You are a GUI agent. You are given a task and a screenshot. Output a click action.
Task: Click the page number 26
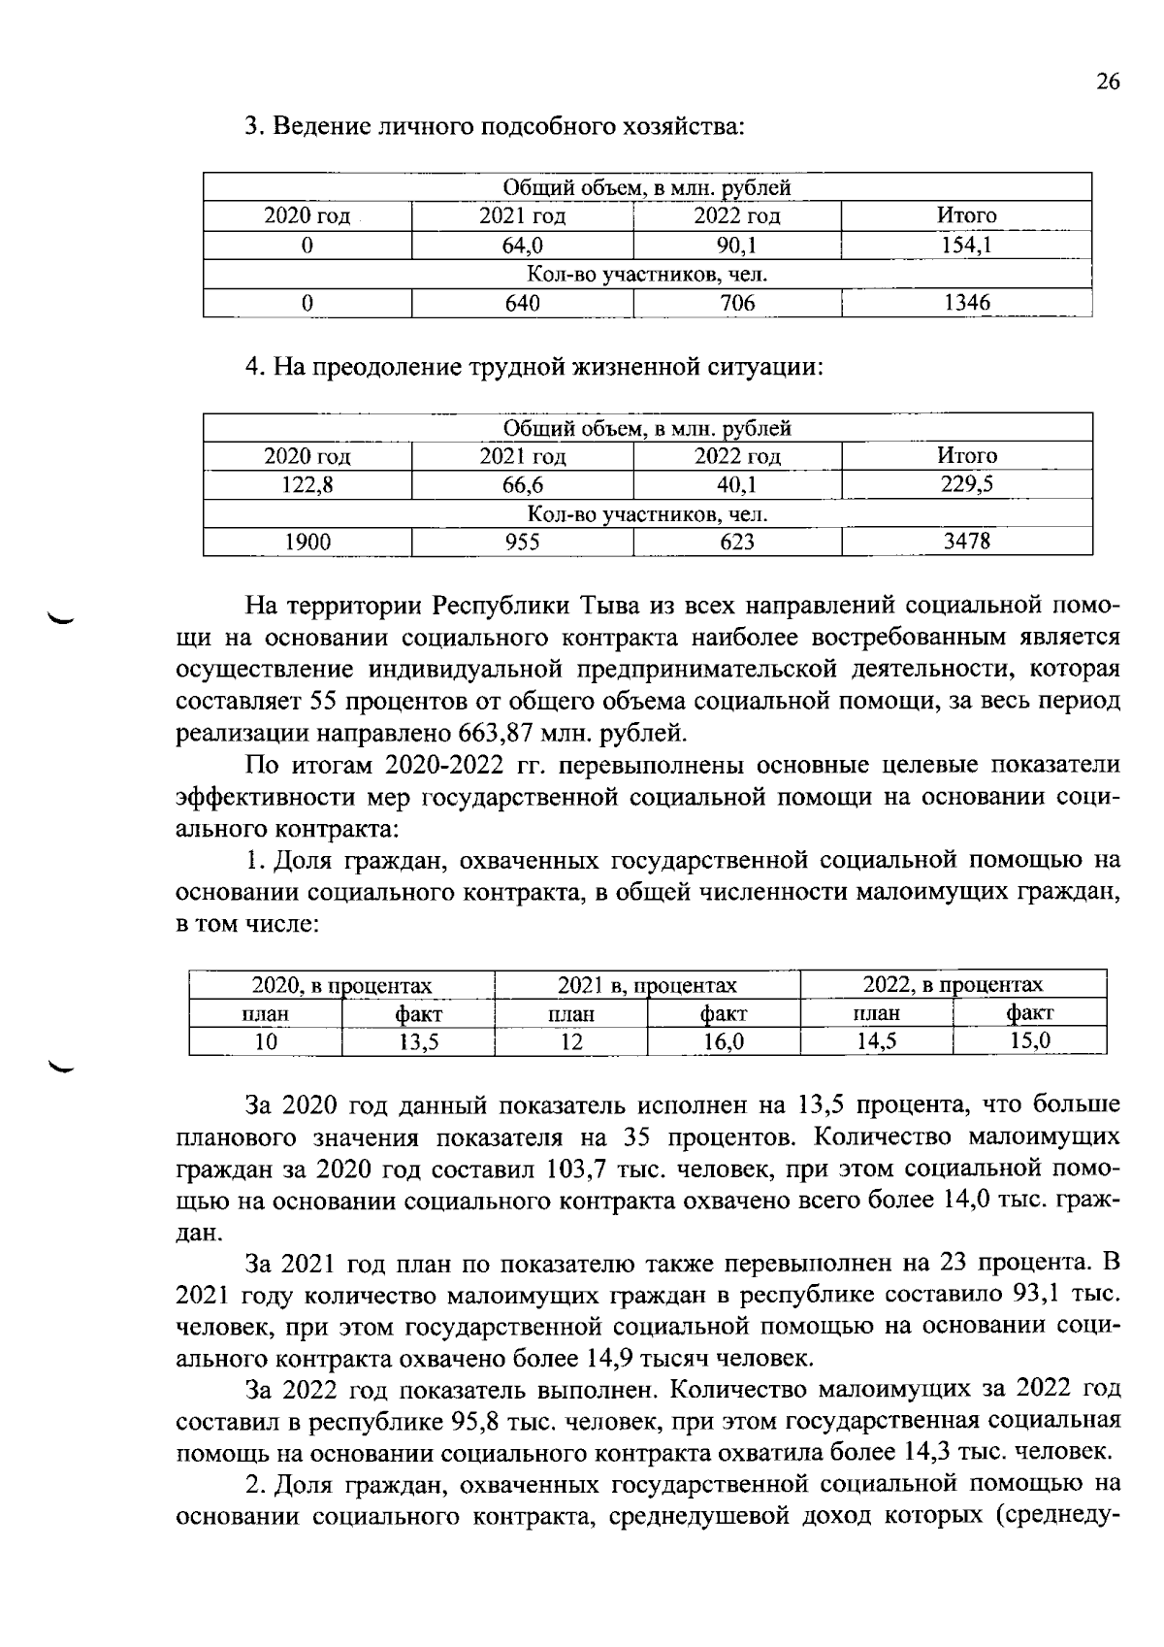point(1108,82)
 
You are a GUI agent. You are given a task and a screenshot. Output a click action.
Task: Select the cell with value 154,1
point(966,246)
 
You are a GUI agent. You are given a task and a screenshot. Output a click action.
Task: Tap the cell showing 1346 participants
point(966,303)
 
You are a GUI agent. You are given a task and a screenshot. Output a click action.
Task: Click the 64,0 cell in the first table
point(522,246)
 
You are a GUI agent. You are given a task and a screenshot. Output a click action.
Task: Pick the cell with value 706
point(737,303)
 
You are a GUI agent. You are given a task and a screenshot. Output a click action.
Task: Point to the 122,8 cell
point(307,484)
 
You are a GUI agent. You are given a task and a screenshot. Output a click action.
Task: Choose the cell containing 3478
point(966,542)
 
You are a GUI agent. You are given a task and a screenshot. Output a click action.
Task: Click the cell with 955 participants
point(522,542)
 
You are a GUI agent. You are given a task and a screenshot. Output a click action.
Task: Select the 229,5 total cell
point(966,484)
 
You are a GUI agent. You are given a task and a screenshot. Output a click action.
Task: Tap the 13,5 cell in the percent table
point(419,1042)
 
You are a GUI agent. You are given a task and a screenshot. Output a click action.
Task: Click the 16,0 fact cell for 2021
point(724,1042)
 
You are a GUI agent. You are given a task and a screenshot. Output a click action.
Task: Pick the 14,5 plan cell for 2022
point(876,1042)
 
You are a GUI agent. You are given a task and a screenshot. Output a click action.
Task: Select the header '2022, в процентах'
point(953,985)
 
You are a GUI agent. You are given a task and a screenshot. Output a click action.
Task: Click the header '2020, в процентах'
point(341,985)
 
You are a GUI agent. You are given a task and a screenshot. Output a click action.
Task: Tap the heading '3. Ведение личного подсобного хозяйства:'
point(495,126)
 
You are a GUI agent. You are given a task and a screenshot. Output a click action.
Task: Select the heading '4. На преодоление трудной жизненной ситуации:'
point(533,367)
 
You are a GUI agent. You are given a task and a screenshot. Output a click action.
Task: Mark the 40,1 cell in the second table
point(737,484)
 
